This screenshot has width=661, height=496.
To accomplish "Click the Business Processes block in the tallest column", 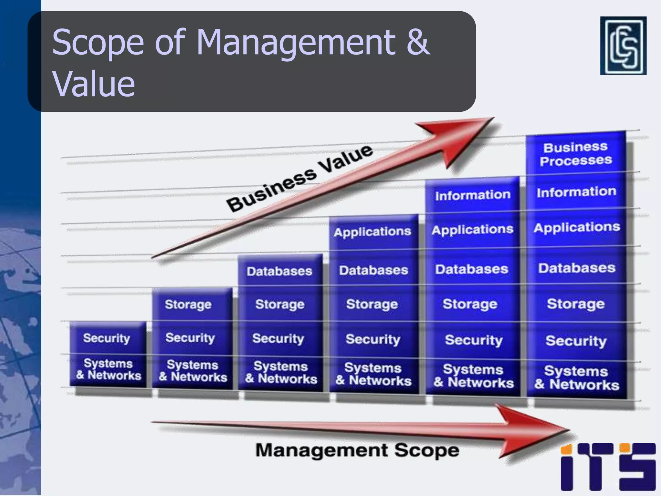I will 576,154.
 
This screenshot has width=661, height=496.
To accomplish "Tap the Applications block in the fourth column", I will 373,232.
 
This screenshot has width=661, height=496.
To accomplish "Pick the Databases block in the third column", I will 280,271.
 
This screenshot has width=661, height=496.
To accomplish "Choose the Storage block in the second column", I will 188,304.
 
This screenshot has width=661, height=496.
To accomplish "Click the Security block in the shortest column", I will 107,338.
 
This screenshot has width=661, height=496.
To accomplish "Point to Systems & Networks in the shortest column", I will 108,369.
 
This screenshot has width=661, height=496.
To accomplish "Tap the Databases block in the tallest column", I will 577,268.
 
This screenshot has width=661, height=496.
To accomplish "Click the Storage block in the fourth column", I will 372,304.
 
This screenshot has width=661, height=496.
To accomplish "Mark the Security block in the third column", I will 278,339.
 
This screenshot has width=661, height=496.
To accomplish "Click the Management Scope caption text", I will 357,450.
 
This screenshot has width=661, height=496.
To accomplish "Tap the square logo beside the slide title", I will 623,46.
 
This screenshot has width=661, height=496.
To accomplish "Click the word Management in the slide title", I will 296,42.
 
